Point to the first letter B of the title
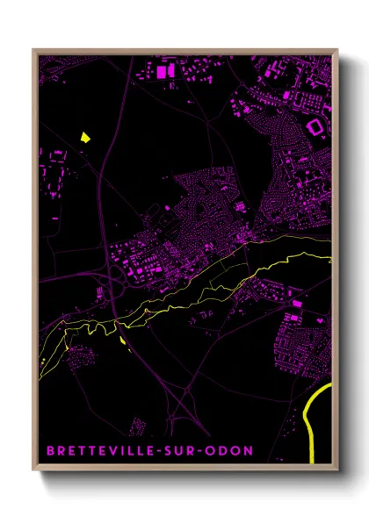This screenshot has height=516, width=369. [49, 450]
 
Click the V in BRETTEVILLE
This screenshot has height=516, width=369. [105, 450]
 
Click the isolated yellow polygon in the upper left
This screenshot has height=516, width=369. [85, 137]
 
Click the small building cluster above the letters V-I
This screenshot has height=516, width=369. [135, 427]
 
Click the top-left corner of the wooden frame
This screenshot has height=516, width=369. [33, 49]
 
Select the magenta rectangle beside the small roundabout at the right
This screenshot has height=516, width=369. [297, 304]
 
